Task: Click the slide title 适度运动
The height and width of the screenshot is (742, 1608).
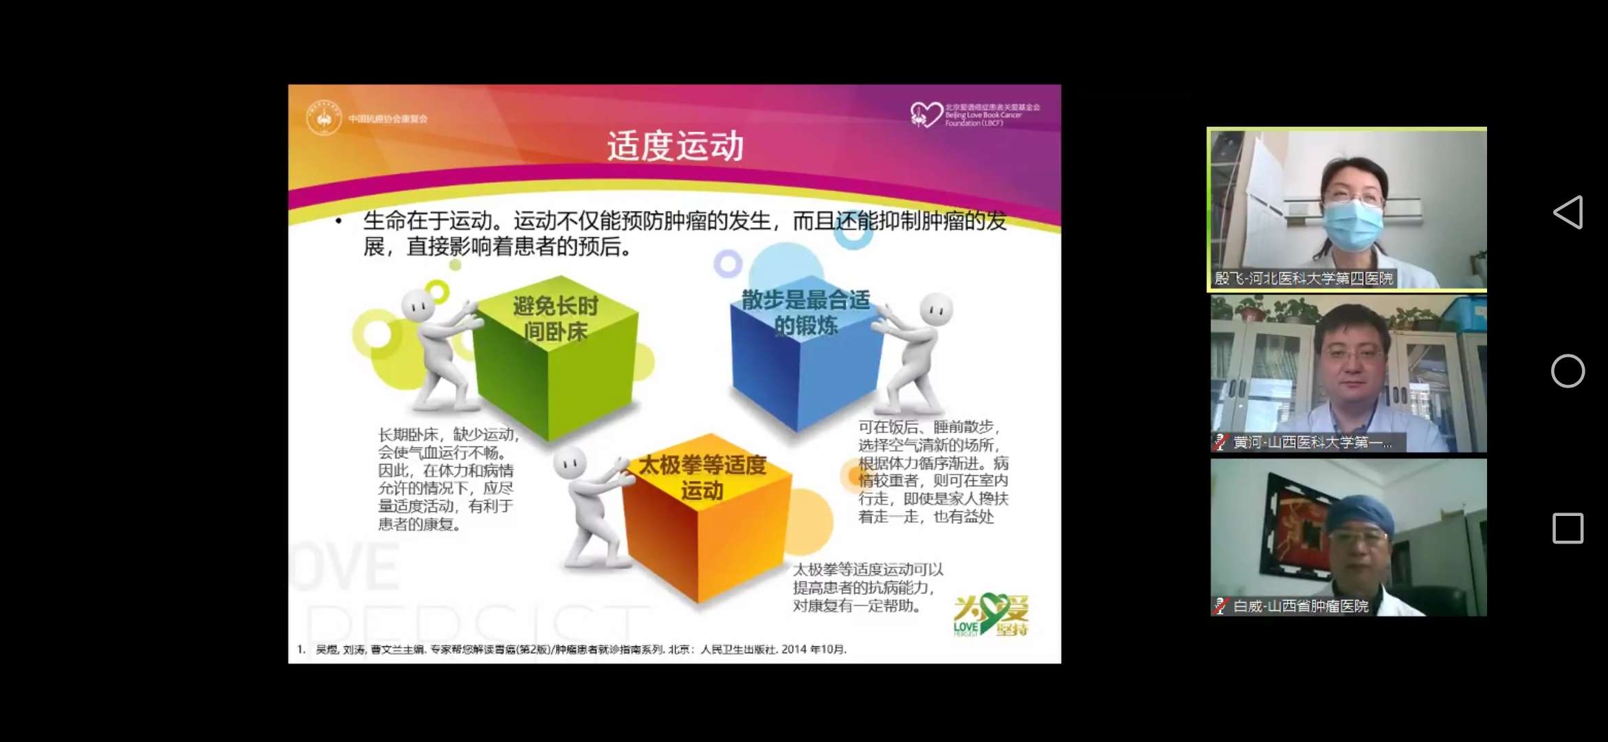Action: (675, 146)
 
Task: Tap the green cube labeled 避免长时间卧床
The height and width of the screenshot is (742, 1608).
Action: (557, 357)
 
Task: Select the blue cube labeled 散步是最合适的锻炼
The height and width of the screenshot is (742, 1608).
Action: (804, 357)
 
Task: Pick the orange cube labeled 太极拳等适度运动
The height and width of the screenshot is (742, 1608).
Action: (704, 522)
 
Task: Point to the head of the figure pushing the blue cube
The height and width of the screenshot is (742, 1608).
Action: (936, 308)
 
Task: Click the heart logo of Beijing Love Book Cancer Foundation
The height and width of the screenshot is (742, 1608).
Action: (926, 115)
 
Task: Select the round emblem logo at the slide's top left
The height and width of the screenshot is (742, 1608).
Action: (324, 118)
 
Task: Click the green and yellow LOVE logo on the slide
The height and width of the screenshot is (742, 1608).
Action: (990, 614)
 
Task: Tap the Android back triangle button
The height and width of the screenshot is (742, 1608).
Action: (1567, 212)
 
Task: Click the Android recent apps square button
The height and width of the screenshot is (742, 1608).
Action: (1567, 528)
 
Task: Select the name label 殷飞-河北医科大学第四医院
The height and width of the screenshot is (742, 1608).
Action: (1304, 278)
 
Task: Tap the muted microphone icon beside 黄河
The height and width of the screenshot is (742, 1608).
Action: (1220, 442)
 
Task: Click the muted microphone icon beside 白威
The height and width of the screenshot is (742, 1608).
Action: (1220, 606)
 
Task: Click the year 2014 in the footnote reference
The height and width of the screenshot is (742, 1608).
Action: (794, 649)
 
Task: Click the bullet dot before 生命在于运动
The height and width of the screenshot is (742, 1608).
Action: (338, 221)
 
